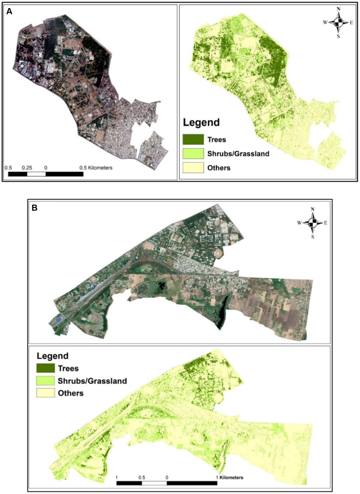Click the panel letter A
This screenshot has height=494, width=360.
[x=9, y=12]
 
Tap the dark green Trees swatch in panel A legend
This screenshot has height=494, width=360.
[x=193, y=139]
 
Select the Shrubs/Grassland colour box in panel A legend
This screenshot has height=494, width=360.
[x=193, y=153]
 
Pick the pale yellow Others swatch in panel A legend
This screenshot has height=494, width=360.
[x=193, y=167]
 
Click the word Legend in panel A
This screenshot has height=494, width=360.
[x=201, y=122]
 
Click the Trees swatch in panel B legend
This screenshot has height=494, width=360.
[x=45, y=368]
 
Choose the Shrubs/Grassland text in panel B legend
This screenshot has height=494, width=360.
[x=92, y=381]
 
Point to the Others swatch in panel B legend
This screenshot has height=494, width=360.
[x=45, y=393]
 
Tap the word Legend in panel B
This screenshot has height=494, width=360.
[x=53, y=356]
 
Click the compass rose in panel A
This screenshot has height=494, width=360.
[x=338, y=22]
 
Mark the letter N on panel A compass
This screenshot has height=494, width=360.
[x=338, y=9]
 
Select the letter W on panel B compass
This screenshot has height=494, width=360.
[x=299, y=223]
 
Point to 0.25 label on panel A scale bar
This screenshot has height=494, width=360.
[x=27, y=168]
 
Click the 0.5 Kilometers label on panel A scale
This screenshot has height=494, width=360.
[x=96, y=168]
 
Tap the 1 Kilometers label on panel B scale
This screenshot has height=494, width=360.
[x=230, y=477]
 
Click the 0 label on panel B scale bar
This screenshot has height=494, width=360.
[x=167, y=477]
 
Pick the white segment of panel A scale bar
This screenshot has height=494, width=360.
[x=36, y=174]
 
